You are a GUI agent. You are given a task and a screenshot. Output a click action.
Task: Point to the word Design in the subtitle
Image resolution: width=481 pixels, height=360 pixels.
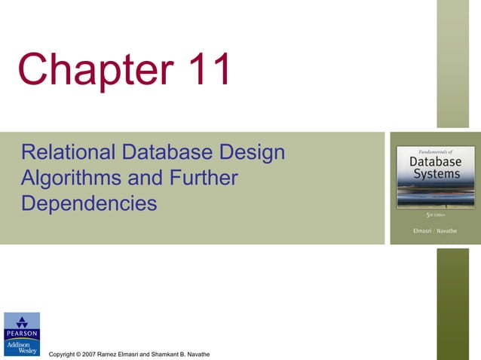256,153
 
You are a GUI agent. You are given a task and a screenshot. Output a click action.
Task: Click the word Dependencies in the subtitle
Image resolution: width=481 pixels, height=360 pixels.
90,203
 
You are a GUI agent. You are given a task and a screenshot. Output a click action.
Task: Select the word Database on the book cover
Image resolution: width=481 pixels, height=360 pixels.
436,162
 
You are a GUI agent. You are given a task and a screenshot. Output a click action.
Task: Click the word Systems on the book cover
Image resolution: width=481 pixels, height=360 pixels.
436,175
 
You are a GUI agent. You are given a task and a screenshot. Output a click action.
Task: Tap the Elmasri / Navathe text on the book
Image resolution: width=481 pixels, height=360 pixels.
435,230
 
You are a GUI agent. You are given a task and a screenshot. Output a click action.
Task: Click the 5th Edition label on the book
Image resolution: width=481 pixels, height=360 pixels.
436,215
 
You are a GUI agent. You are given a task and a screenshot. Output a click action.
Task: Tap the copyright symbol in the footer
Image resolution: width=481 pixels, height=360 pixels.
82,354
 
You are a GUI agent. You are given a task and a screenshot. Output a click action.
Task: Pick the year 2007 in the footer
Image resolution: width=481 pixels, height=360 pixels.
93,354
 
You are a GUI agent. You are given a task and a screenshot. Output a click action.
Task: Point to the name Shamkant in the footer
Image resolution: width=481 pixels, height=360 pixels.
170,354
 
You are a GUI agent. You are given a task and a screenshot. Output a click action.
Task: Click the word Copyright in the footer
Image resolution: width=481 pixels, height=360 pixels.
63,354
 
